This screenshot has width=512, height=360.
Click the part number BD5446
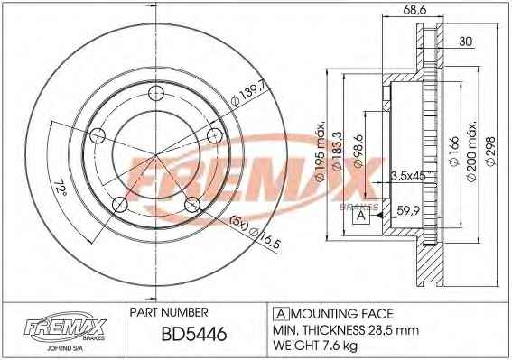click(194, 334)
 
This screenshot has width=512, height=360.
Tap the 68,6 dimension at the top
click(414, 10)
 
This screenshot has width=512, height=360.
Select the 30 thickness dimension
click(466, 42)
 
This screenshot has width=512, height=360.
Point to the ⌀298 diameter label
click(490, 152)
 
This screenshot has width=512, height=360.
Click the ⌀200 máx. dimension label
click(472, 152)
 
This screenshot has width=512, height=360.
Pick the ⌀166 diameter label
click(454, 151)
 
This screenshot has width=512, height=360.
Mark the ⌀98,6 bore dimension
click(358, 151)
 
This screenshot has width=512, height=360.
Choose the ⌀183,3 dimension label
click(337, 151)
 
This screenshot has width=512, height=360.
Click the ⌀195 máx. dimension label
click(320, 151)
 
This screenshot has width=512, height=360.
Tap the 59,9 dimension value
click(408, 210)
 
